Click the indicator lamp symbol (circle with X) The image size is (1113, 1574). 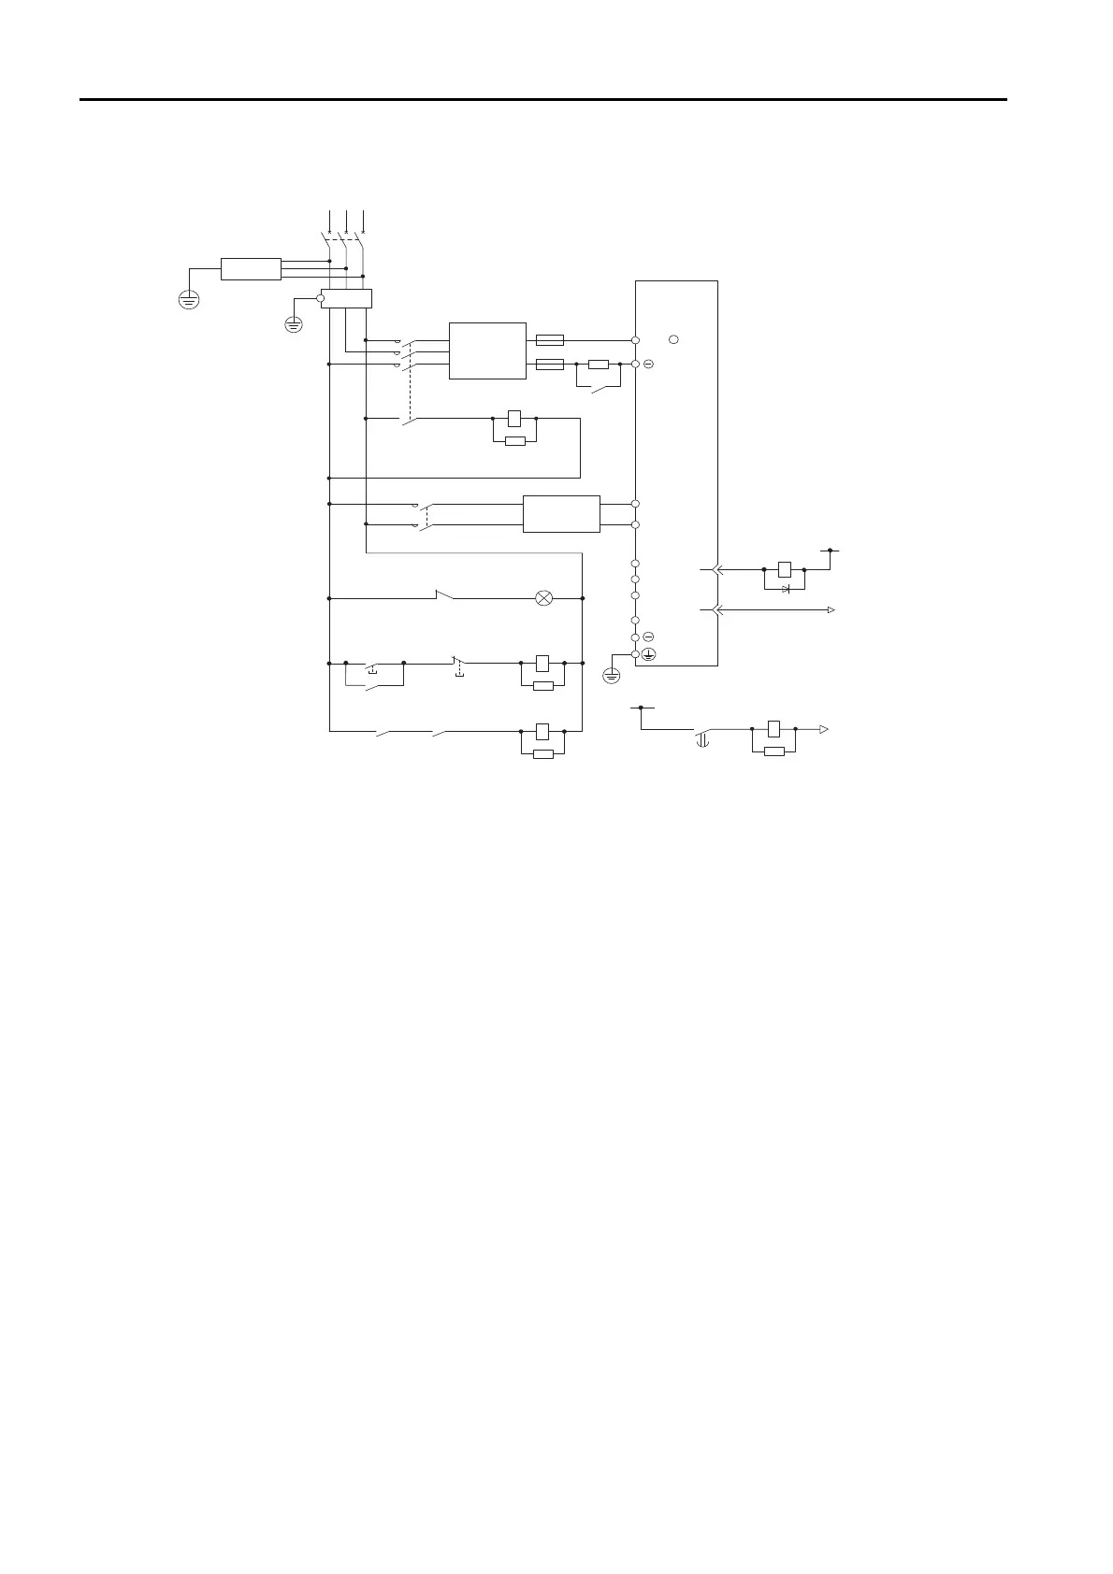tap(543, 598)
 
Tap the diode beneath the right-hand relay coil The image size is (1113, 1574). tap(786, 588)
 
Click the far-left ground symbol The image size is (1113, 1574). tap(189, 301)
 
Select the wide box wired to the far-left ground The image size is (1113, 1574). tap(251, 268)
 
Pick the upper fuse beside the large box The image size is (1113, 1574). tap(549, 340)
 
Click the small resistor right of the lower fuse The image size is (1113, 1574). tap(599, 364)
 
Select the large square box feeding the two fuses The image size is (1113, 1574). tap(487, 351)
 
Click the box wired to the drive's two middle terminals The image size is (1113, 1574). tap(561, 514)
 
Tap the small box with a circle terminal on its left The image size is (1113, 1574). tap(347, 298)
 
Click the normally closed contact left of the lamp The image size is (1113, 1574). tap(445, 595)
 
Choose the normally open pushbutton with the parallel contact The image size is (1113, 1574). tap(373, 665)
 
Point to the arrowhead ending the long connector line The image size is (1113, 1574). tap(831, 609)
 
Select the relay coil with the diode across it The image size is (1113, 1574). tap(785, 568)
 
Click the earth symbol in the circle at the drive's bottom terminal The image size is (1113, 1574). tap(647, 654)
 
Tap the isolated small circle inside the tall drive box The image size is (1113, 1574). tap(675, 338)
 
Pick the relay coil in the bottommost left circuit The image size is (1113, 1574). tap(542, 731)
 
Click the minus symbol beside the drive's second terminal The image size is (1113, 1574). tap(648, 363)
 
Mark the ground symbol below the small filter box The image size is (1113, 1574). tap(293, 324)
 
